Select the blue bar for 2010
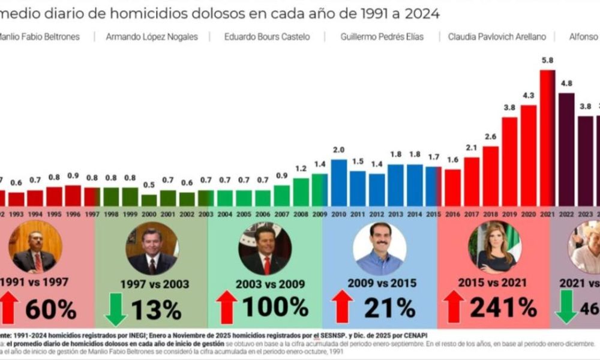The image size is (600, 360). [x=339, y=182]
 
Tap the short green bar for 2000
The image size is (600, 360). [x=149, y=200]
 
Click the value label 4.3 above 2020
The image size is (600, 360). [x=529, y=96]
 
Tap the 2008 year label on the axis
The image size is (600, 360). [x=301, y=214]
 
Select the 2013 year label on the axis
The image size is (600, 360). [x=395, y=214]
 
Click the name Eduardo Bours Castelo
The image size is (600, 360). [x=267, y=37]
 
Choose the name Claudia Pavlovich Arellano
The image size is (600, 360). [x=497, y=37]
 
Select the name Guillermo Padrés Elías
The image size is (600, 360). [x=382, y=37]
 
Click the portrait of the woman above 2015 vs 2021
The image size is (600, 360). [x=495, y=247]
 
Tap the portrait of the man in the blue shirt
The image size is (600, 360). [x=379, y=248]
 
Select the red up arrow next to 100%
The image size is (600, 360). [x=227, y=308]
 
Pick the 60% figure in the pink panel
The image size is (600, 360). [x=50, y=309]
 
